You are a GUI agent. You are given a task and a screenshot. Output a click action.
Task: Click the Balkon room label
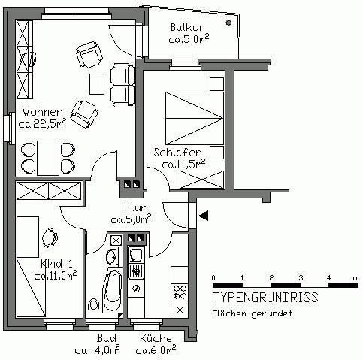188,28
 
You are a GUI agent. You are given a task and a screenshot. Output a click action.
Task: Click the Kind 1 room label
56,264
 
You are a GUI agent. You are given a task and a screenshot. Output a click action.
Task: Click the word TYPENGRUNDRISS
264,298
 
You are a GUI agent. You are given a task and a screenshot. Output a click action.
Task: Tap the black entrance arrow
204,216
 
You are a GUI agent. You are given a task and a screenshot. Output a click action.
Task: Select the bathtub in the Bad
112,286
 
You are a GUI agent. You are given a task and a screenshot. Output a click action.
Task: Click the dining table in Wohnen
47,156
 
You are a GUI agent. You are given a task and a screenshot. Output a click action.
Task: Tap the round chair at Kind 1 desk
50,238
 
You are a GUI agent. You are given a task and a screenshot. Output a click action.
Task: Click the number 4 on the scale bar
327,277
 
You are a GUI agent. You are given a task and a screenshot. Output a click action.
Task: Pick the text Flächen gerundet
252,313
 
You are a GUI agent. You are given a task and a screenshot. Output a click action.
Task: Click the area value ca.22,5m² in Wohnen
43,125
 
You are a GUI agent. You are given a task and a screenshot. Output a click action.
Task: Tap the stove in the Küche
180,289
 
